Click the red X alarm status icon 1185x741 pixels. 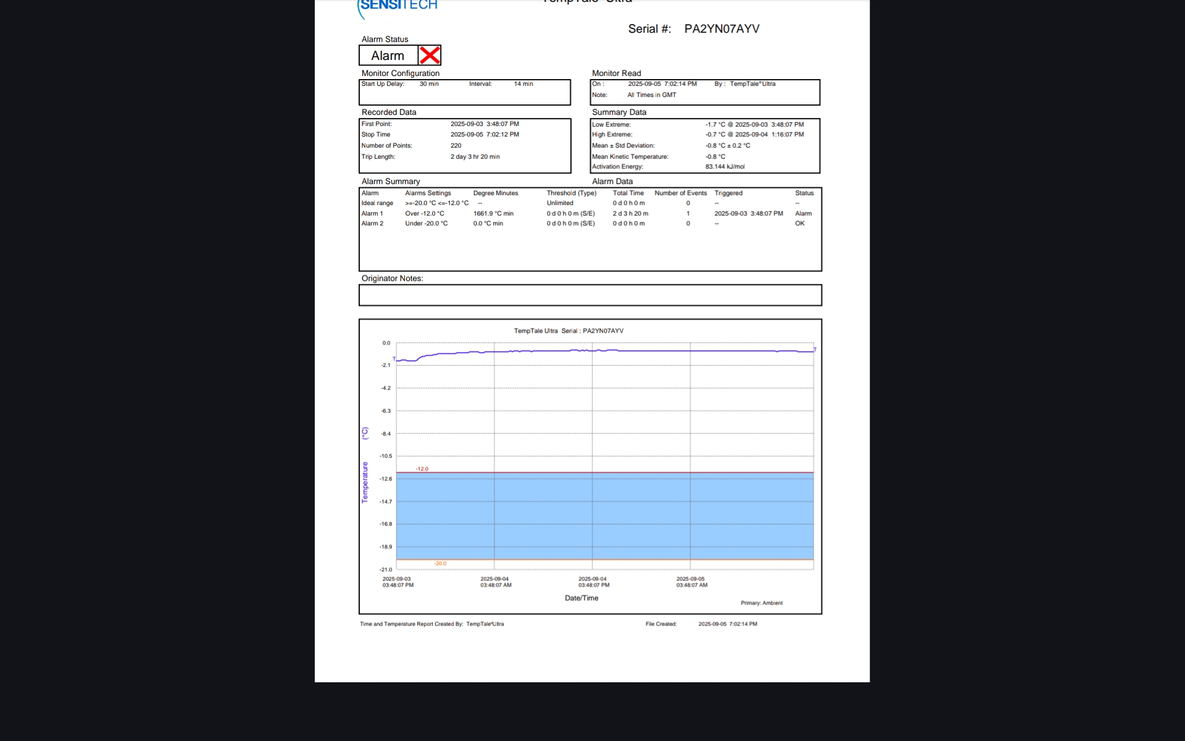click(430, 56)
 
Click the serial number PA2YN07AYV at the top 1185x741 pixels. click(721, 29)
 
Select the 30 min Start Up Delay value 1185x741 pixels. click(429, 84)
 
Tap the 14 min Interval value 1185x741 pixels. click(523, 84)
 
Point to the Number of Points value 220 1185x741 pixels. click(456, 146)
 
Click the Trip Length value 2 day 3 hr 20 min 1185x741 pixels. click(475, 157)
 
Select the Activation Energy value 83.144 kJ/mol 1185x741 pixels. click(725, 167)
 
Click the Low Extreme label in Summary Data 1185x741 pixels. click(611, 125)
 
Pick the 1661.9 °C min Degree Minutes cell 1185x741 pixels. click(493, 214)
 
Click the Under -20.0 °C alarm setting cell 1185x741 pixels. click(426, 224)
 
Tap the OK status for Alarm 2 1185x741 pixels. click(799, 224)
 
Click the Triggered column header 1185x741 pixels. click(728, 193)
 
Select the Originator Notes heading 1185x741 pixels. click(392, 278)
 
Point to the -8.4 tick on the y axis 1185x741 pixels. click(386, 434)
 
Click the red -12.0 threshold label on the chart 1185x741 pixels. click(422, 469)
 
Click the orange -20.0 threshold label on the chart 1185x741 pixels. click(440, 564)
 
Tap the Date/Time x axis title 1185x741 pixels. click(581, 598)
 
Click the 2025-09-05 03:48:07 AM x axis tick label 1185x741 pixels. click(691, 582)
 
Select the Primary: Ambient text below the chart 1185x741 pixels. click(761, 603)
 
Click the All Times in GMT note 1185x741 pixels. click(652, 95)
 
